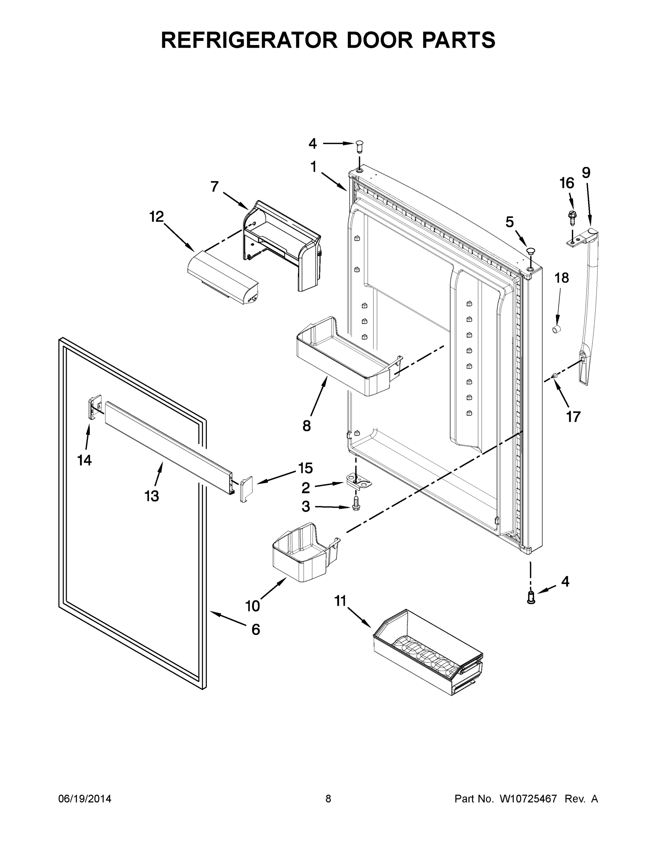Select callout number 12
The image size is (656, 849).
(x=156, y=216)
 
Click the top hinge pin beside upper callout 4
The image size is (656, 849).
(x=360, y=147)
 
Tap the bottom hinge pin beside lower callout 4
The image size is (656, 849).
(x=531, y=597)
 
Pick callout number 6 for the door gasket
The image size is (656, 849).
(x=255, y=629)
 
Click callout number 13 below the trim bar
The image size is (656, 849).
(x=152, y=496)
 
